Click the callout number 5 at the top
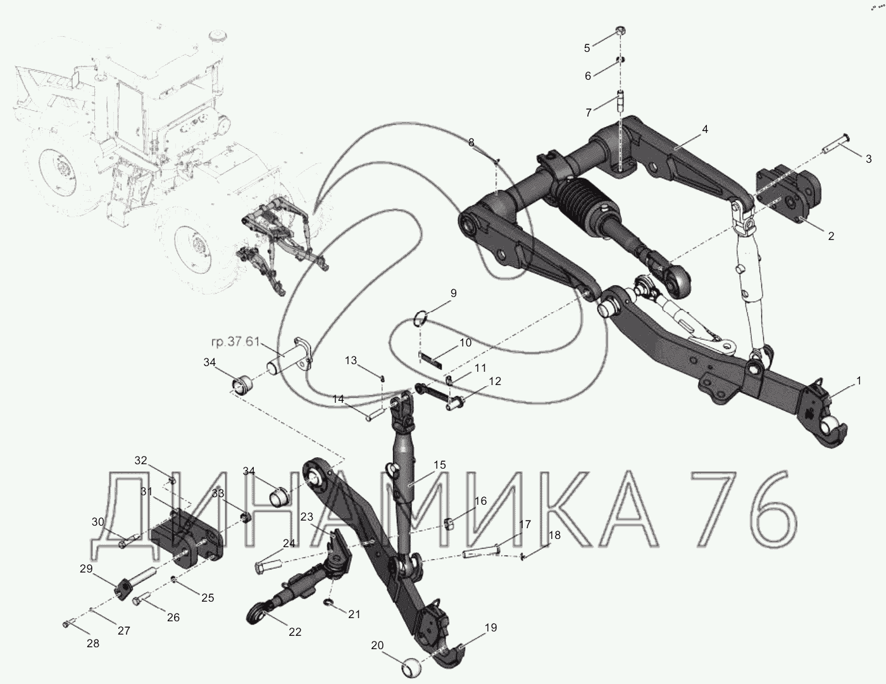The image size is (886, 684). pos(587,48)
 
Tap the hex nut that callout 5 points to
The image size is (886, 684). pos(620,30)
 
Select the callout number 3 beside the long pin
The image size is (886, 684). pos(868,159)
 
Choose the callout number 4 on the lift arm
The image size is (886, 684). pos(705,129)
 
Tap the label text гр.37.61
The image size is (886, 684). pos(235,342)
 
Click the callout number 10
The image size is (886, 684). pos(465,343)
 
